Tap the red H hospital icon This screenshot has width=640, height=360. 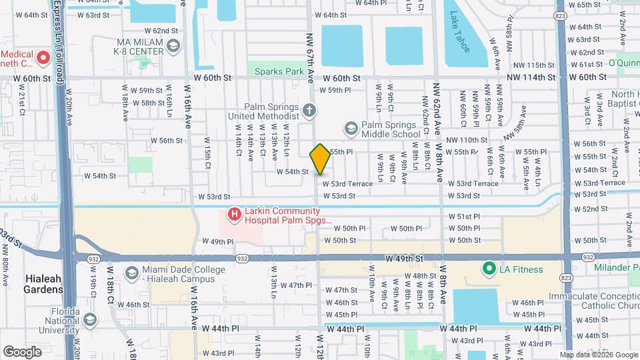[x=234, y=215]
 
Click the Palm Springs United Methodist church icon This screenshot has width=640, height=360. [x=309, y=109]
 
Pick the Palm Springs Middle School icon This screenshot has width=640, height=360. [x=351, y=128]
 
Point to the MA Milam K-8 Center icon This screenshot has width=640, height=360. [x=173, y=46]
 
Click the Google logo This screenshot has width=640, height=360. [x=22, y=351]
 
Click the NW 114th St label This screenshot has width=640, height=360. [x=531, y=77]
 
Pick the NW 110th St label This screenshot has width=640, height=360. [x=467, y=140]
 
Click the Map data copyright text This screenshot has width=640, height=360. [x=598, y=355]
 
